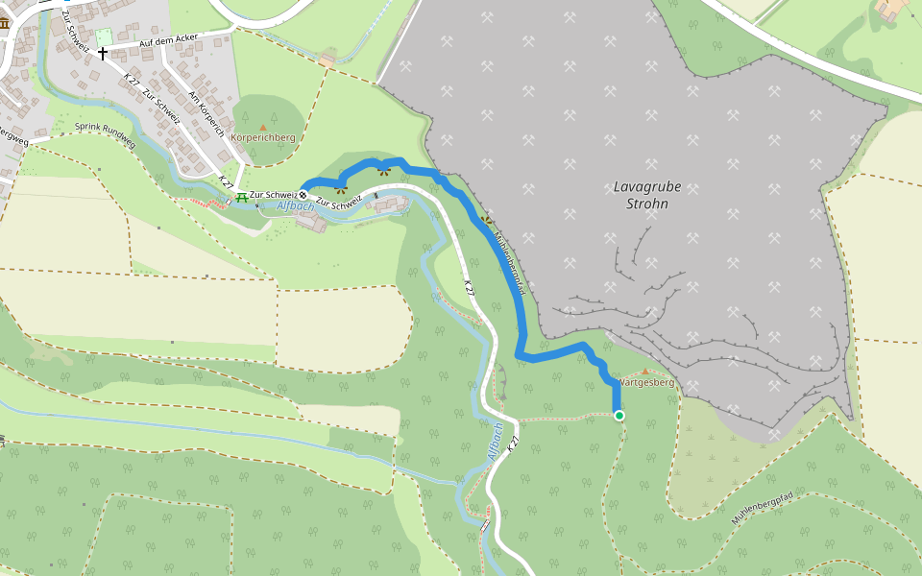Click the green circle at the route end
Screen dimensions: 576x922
[619, 416]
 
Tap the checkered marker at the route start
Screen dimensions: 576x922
[303, 195]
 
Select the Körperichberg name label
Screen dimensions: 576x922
[263, 138]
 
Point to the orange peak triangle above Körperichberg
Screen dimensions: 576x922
[263, 127]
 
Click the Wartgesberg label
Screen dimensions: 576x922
[646, 383]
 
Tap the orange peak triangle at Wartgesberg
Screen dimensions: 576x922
[644, 372]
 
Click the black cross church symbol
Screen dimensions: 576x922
[102, 54]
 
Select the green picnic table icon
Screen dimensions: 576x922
[241, 197]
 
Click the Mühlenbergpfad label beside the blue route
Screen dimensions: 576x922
[508, 256]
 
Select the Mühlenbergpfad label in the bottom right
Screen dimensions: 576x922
[761, 507]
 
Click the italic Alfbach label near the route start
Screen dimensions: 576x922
[295, 206]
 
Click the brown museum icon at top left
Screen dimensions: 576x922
[4, 23]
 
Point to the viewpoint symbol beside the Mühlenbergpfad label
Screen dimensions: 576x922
[485, 219]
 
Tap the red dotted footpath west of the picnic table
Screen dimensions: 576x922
[206, 204]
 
